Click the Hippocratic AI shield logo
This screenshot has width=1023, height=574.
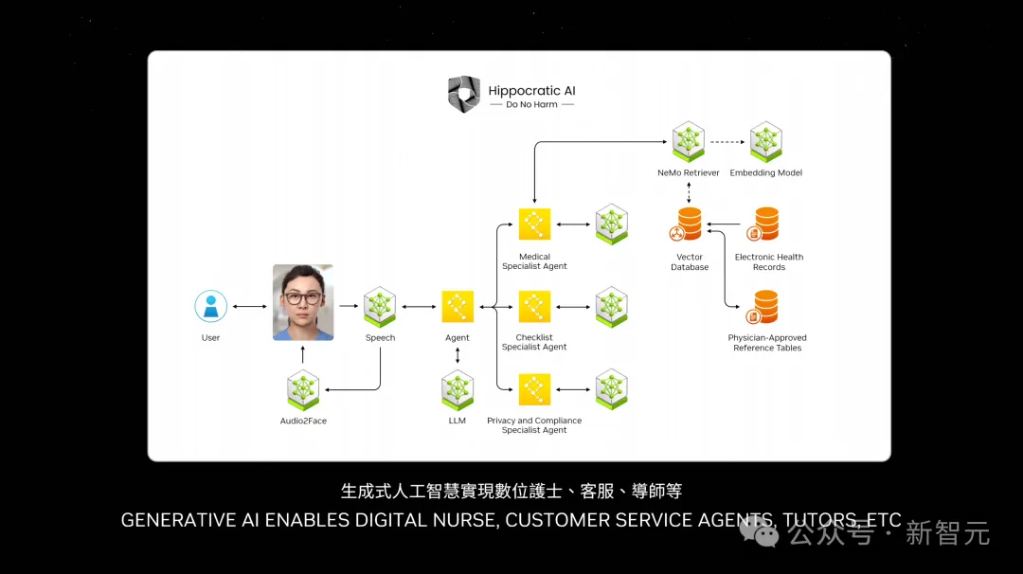pyautogui.click(x=463, y=95)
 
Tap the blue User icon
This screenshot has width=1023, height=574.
pyautogui.click(x=210, y=306)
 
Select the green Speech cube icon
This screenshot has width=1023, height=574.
pyautogui.click(x=380, y=306)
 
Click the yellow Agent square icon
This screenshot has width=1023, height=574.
pyautogui.click(x=458, y=306)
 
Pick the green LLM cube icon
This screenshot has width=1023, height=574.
pyautogui.click(x=458, y=390)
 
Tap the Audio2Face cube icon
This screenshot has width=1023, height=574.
pyautogui.click(x=303, y=390)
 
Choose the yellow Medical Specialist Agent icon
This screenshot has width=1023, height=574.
pyautogui.click(x=534, y=224)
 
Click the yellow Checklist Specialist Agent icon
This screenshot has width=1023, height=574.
pyautogui.click(x=534, y=306)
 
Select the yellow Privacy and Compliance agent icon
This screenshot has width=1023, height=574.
pyautogui.click(x=534, y=389)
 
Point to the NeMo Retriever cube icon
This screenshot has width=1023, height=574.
pyautogui.click(x=689, y=141)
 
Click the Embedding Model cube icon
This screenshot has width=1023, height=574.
pyautogui.click(x=765, y=141)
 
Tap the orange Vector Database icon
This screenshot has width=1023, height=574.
pyautogui.click(x=690, y=225)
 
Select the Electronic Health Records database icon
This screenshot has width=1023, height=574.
pyautogui.click(x=765, y=225)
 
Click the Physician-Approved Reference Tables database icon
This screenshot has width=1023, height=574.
pyautogui.click(x=765, y=307)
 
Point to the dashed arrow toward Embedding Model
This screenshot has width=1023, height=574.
pyautogui.click(x=727, y=142)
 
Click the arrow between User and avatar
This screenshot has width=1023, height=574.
pyautogui.click(x=250, y=306)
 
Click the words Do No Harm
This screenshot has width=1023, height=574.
pyautogui.click(x=531, y=105)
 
